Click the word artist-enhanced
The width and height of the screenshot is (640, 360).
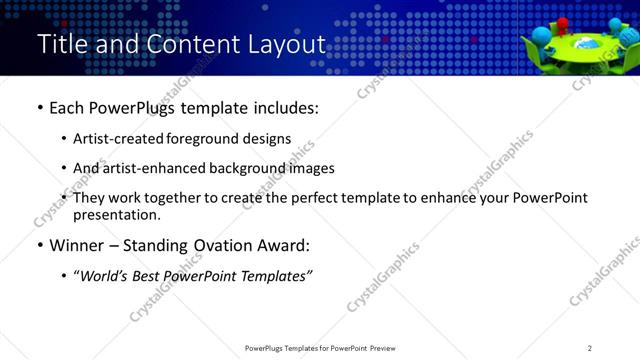point(148,168)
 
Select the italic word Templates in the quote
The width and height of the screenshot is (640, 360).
point(275,275)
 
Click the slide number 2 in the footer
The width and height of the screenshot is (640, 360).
point(590,348)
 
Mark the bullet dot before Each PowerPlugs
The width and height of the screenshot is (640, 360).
point(39,108)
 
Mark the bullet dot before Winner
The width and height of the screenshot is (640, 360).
point(39,245)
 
